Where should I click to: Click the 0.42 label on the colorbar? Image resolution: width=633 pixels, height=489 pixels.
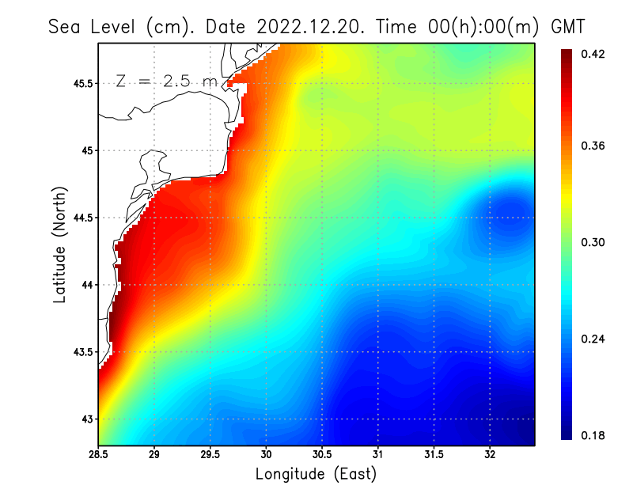pos(593,54)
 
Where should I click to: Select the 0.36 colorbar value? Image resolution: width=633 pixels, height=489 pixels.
pos(593,146)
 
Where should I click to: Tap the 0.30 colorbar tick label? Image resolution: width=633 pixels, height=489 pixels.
pos(593,242)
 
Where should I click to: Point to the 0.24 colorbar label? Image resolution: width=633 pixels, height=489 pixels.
pos(593,339)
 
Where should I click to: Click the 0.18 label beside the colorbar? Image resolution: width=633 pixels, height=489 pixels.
pos(593,435)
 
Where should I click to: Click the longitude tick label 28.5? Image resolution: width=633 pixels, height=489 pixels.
pos(98,454)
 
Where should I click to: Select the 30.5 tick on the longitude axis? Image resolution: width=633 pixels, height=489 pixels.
pos(322,454)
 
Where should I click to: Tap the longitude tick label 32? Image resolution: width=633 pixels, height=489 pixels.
pos(490,454)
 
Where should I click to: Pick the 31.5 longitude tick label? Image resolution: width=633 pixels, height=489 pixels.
pos(434,454)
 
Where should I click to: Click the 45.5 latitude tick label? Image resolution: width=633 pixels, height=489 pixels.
pos(82,83)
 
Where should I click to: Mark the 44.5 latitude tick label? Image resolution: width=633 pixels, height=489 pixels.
pos(82,218)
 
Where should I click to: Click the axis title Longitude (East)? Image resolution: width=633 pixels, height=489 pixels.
pos(316,474)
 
